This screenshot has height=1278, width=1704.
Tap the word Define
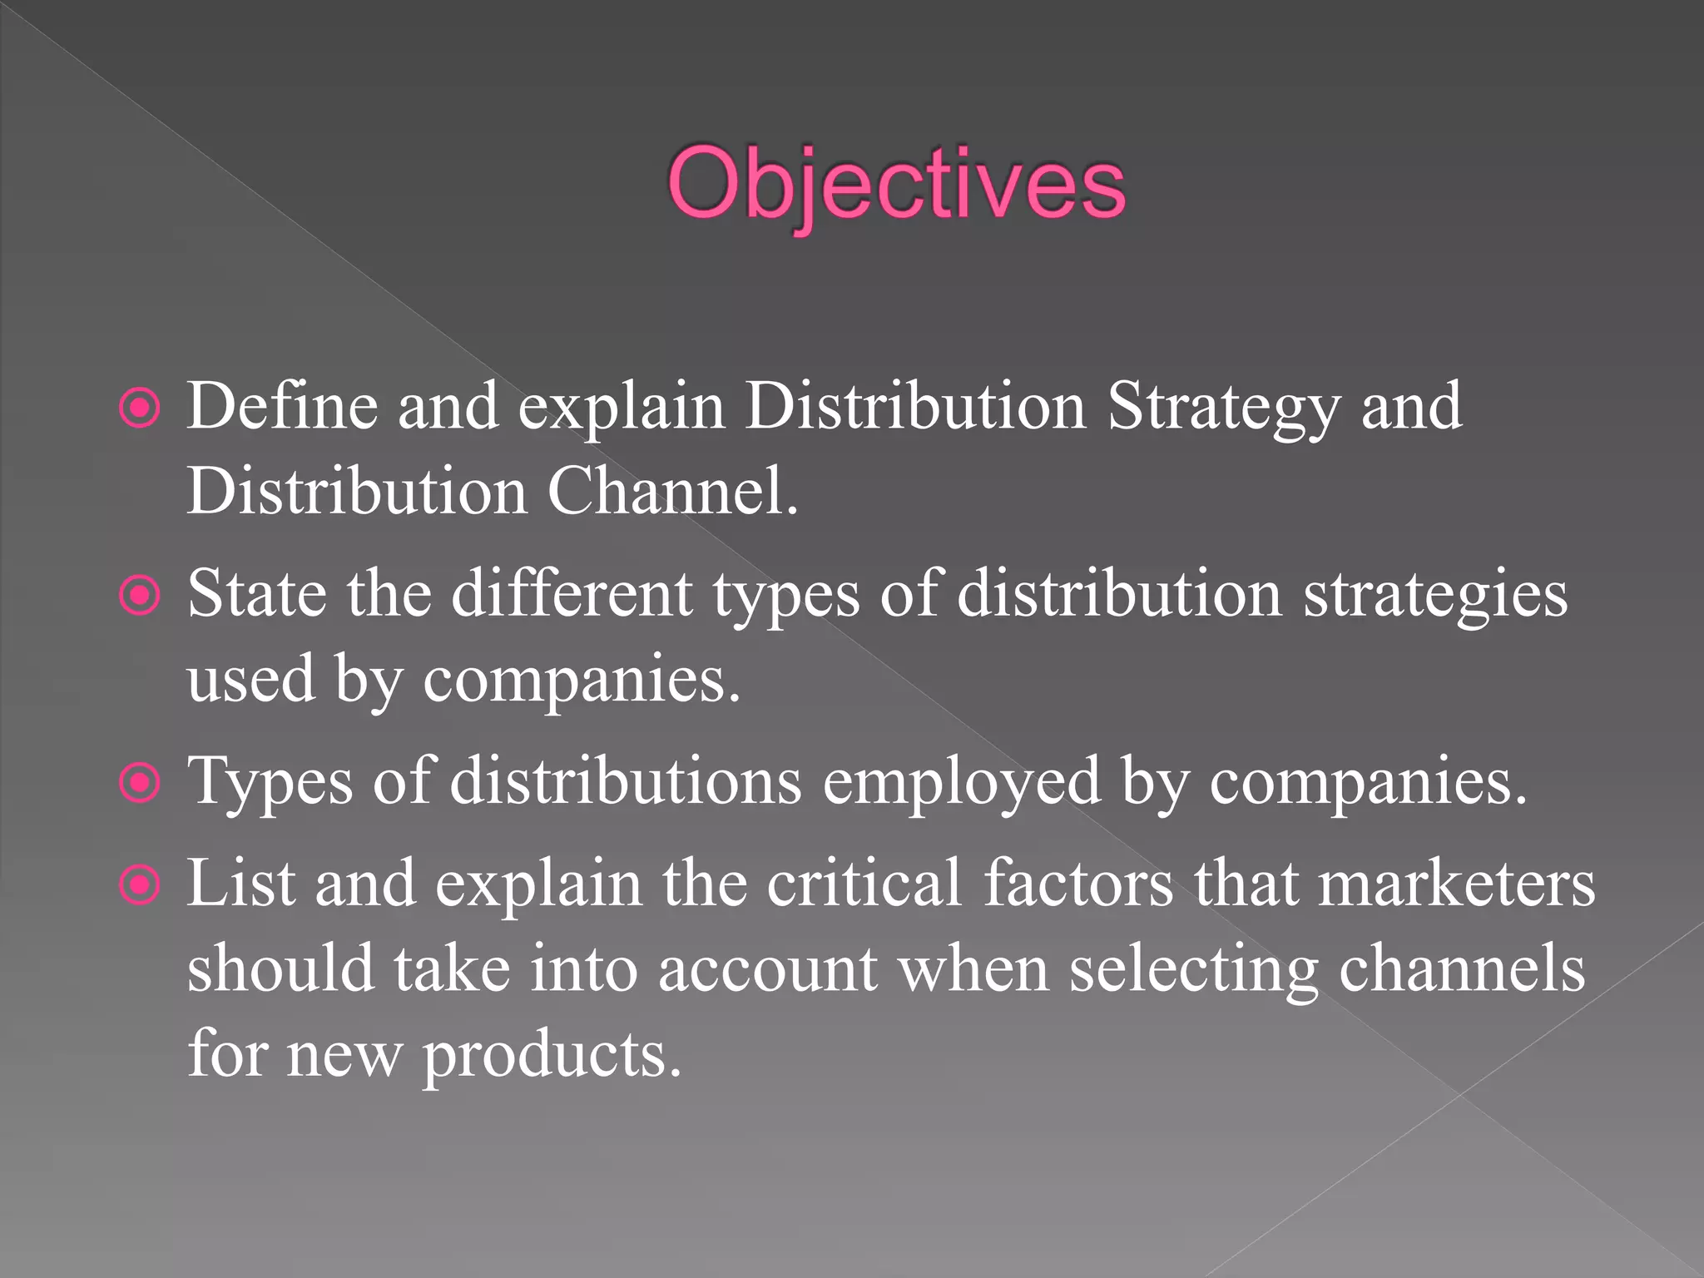point(282,406)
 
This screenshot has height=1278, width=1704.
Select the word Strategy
point(1223,408)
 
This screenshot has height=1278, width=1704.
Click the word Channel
point(672,491)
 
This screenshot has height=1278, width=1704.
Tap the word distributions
point(626,782)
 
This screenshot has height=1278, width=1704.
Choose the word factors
point(1078,884)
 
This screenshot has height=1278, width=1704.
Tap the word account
point(767,970)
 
